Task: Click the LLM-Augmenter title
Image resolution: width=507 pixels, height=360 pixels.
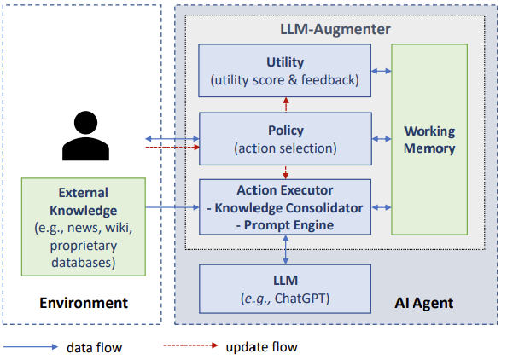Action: click(x=335, y=29)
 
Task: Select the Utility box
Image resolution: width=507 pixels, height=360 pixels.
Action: click(x=284, y=72)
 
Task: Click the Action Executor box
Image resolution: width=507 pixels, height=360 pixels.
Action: click(x=284, y=207)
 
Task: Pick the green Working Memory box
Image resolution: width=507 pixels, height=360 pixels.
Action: click(x=429, y=140)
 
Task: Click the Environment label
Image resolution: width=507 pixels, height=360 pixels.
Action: click(x=83, y=303)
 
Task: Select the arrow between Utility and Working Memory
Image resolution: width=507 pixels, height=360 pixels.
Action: click(x=382, y=72)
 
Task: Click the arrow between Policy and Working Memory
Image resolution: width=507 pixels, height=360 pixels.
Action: click(x=382, y=138)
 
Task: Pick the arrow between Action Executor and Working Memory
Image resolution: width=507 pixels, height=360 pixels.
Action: click(x=382, y=206)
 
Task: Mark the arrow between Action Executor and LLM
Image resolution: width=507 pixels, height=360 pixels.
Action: click(x=285, y=250)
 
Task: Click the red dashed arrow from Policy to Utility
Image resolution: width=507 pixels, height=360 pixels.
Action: click(x=285, y=104)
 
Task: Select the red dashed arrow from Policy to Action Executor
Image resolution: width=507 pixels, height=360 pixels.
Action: click(x=285, y=172)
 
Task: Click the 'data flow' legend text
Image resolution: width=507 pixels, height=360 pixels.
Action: click(x=95, y=347)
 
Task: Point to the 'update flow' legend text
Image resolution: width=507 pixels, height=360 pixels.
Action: click(x=261, y=347)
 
